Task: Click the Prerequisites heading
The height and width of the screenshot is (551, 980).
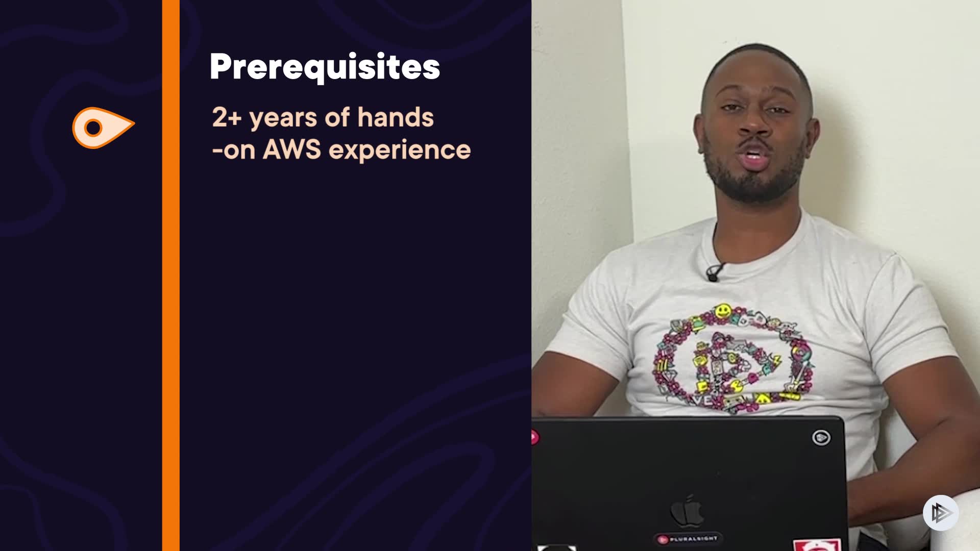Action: [x=325, y=67]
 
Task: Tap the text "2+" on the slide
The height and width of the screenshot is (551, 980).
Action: [x=227, y=117]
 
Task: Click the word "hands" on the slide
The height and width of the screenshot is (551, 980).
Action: [x=396, y=117]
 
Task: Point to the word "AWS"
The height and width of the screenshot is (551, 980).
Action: [x=292, y=149]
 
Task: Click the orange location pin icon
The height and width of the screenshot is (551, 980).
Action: [x=104, y=128]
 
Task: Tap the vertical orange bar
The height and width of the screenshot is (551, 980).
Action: [x=171, y=275]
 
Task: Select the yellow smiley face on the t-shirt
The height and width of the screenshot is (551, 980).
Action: [x=722, y=311]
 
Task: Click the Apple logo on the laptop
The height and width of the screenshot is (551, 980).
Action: [x=687, y=511]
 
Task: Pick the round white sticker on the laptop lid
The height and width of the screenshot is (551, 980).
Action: [x=821, y=437]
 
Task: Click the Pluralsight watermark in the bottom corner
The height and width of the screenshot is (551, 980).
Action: [x=941, y=512]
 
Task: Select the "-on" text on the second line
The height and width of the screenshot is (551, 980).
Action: [x=234, y=151]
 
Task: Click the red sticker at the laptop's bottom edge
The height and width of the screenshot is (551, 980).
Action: [x=817, y=545]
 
